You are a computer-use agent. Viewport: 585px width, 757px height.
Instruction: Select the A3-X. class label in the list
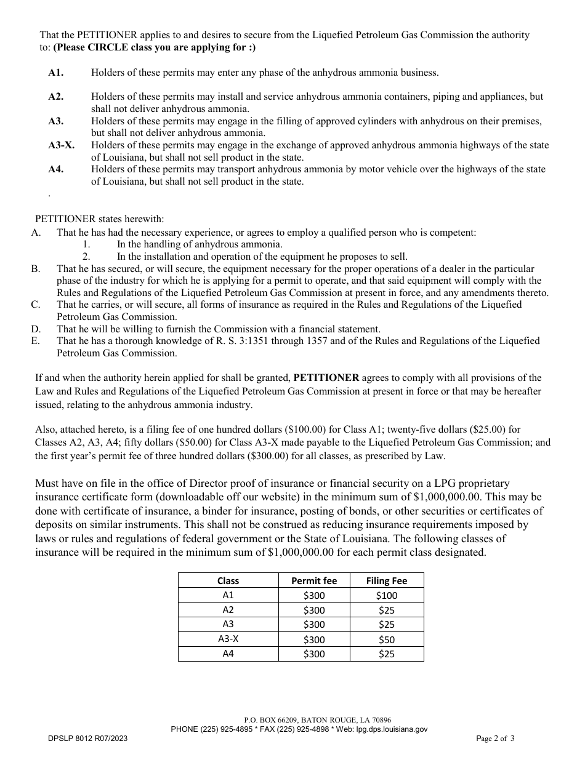point(62,145)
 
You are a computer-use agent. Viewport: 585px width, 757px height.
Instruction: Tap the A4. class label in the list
point(55,169)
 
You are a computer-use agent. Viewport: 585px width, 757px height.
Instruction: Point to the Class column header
point(228,580)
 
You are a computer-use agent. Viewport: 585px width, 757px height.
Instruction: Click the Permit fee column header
point(314,580)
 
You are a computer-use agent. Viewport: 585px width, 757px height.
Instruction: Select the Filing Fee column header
point(386,580)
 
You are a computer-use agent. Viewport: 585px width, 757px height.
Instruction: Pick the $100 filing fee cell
point(386,595)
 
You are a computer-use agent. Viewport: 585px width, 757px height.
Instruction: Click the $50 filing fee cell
point(386,639)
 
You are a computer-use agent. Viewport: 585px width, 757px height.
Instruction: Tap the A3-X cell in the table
point(228,639)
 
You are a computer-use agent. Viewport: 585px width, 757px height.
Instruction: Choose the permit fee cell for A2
point(314,610)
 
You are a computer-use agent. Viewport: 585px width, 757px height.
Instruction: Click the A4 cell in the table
point(228,654)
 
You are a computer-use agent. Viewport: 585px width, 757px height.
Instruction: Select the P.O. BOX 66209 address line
point(317,719)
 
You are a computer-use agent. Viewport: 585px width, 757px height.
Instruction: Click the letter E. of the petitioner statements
point(36,341)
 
